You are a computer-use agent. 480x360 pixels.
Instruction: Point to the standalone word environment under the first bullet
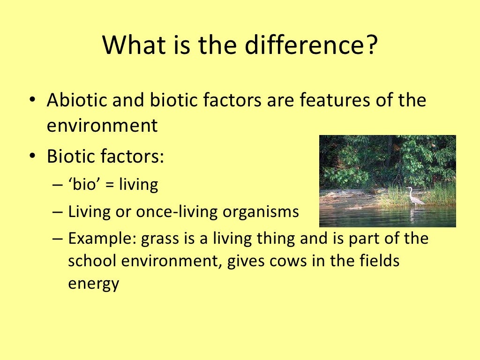click(102, 126)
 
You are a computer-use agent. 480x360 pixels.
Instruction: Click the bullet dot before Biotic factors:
click(31, 156)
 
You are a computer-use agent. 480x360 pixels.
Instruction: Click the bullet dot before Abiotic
click(31, 102)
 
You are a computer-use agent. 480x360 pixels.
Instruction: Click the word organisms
click(261, 212)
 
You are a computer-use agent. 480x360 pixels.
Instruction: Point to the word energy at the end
click(94, 284)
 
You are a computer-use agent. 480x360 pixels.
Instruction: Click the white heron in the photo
click(413, 196)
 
